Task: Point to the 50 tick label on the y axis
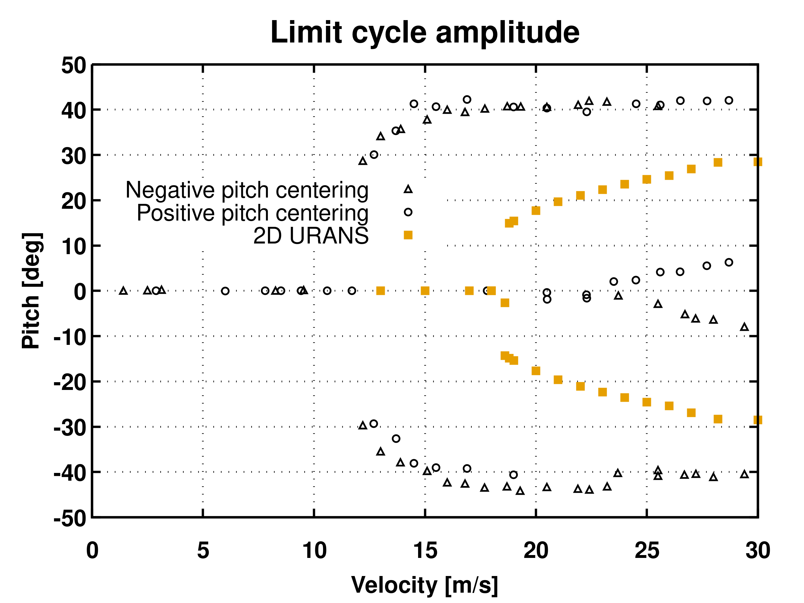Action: (x=74, y=66)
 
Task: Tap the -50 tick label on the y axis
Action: (x=70, y=518)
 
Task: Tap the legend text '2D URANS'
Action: (x=311, y=236)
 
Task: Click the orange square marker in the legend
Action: (x=408, y=235)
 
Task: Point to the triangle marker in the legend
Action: (x=408, y=189)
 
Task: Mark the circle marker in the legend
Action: (x=408, y=212)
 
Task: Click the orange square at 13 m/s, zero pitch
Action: (x=380, y=291)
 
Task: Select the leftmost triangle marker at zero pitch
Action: (x=123, y=291)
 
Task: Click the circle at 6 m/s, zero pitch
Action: (x=225, y=291)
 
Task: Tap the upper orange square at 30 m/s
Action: (x=757, y=162)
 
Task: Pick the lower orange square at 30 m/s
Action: (x=757, y=420)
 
